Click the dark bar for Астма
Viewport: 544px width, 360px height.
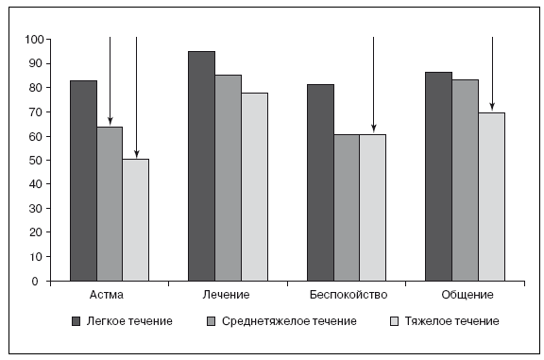click(x=84, y=180)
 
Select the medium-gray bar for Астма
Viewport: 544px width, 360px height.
click(x=110, y=204)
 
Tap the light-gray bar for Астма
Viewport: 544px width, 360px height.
click(x=136, y=220)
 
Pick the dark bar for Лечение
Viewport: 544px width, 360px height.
click(x=201, y=166)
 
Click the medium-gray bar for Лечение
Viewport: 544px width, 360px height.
click(x=229, y=178)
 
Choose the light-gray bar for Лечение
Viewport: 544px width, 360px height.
click(x=255, y=187)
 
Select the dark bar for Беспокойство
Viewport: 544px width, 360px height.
click(x=320, y=182)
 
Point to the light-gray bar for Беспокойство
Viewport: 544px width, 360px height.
click(x=373, y=208)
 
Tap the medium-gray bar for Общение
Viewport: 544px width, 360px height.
click(x=466, y=180)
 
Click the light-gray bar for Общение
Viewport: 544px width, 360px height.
click(x=492, y=197)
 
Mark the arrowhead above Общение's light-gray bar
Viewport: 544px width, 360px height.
click(x=492, y=108)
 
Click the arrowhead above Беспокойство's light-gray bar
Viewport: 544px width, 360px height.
click(x=373, y=129)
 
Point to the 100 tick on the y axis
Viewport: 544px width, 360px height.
click(x=48, y=40)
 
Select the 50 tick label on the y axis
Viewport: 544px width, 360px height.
click(x=36, y=161)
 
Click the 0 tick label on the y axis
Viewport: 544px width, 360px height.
click(x=35, y=282)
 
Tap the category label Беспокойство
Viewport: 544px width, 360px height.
click(x=348, y=295)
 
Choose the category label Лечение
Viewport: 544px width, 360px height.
click(x=226, y=295)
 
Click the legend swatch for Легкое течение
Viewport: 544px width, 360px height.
click(x=76, y=321)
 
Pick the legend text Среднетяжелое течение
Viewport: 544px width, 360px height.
click(x=289, y=321)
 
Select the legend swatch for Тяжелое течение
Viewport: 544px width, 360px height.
click(x=395, y=321)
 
